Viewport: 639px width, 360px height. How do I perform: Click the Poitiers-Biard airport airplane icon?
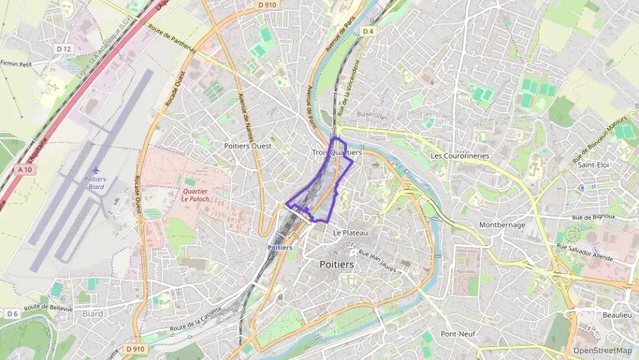click(96, 169)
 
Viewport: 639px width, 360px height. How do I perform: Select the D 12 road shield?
click(64, 49)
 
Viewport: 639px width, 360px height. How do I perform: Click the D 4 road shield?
click(369, 31)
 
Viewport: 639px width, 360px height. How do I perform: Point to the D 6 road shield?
click(12, 314)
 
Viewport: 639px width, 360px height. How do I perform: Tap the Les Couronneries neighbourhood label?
click(460, 156)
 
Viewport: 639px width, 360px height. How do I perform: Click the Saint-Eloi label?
click(595, 165)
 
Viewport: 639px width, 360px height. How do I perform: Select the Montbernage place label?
click(502, 225)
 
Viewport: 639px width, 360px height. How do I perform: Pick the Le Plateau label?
click(350, 233)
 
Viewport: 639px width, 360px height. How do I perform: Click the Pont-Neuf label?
click(458, 334)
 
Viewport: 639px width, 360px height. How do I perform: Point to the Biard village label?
click(92, 314)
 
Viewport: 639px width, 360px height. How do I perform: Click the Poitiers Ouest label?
click(248, 146)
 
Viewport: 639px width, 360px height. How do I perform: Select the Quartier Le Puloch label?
click(195, 195)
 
